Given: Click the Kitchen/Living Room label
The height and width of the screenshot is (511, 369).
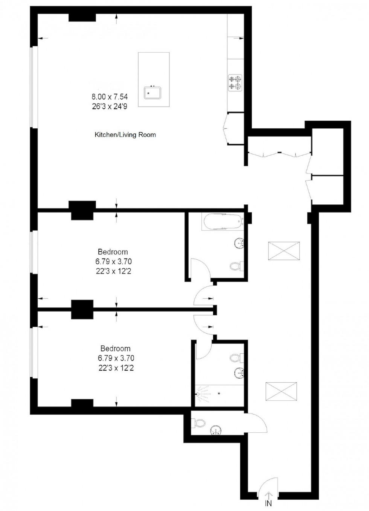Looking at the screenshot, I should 125,134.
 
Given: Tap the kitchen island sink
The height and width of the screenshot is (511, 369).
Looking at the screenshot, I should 152,93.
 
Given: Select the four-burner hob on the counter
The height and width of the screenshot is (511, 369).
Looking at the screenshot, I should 235,83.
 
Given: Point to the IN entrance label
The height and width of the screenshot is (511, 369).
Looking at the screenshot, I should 268,504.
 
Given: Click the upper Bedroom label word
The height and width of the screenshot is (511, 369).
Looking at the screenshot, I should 113,252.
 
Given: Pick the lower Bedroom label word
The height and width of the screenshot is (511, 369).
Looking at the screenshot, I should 115,348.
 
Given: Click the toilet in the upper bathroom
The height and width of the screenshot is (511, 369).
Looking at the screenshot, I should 235,266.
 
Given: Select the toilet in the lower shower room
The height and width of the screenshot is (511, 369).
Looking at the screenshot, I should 236,357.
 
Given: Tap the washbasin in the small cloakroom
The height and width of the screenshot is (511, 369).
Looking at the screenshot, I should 216,430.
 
